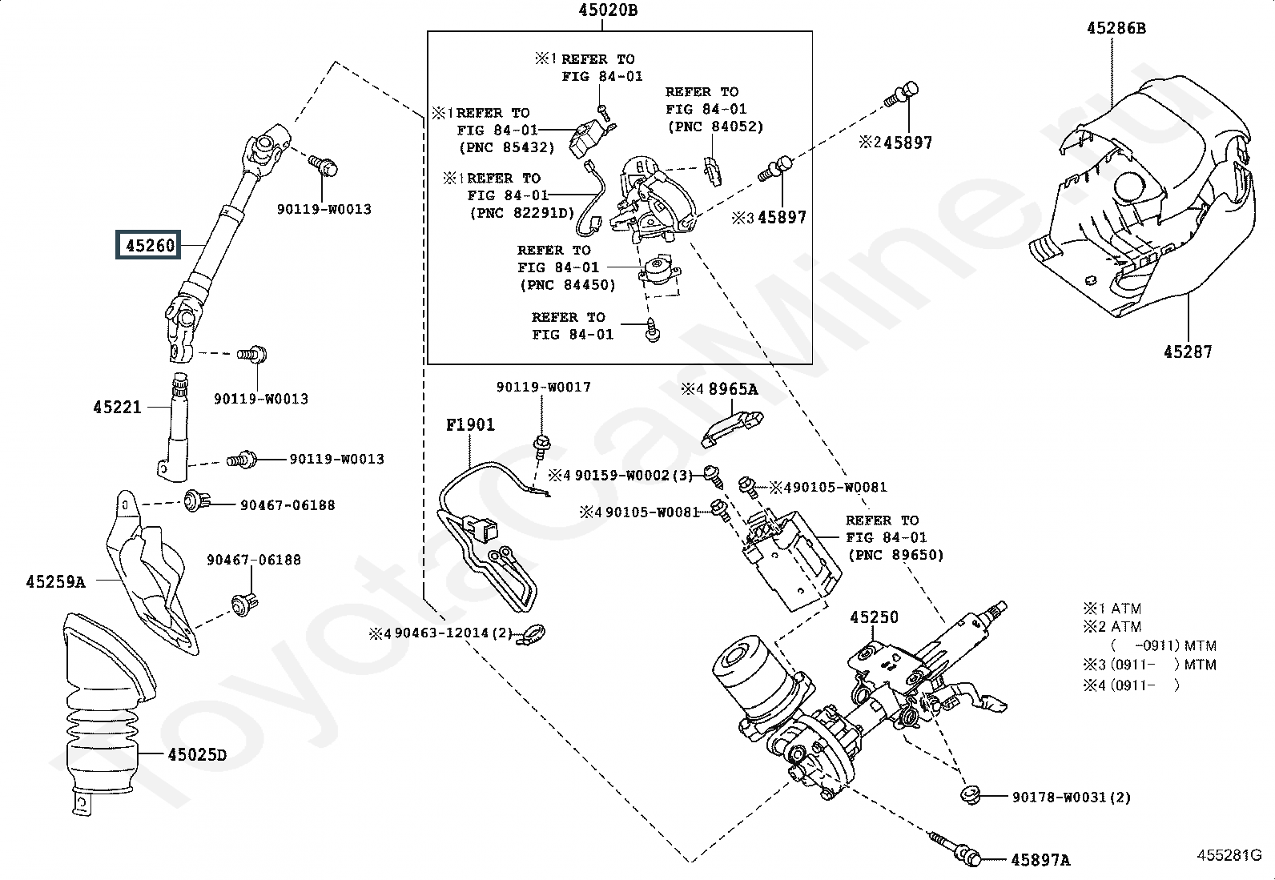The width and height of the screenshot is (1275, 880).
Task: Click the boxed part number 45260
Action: tap(150, 244)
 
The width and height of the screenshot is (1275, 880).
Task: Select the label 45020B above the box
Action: tap(608, 10)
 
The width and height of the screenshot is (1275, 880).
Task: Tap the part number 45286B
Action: tap(1116, 29)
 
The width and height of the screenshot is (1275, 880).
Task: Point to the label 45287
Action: tap(1188, 352)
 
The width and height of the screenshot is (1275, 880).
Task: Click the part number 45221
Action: tap(117, 407)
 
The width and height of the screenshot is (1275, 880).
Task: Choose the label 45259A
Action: tap(55, 582)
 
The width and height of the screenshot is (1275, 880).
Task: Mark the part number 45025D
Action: tap(197, 754)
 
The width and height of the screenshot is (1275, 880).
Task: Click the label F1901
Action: tap(470, 425)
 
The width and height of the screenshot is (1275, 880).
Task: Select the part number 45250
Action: tap(874, 617)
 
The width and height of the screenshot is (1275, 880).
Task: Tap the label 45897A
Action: tap(1040, 860)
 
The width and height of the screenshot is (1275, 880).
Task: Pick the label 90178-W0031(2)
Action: tap(1071, 798)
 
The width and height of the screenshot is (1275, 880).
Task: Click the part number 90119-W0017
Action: tap(543, 388)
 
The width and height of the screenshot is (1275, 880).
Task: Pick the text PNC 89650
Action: tap(894, 555)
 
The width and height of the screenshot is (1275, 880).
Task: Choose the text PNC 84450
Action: tap(566, 285)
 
